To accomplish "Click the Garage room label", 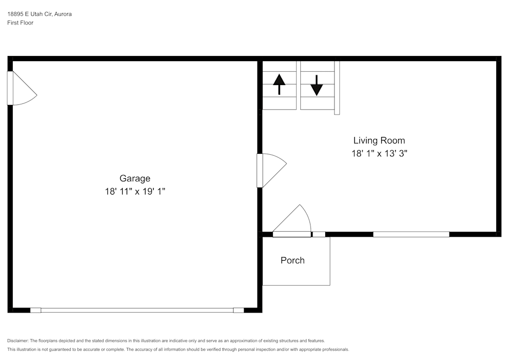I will (x=135, y=178).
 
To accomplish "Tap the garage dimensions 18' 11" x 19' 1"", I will (x=135, y=191).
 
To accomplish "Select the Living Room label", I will (x=379, y=141).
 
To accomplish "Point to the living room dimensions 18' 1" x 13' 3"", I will (x=379, y=153).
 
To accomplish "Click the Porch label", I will (x=293, y=260).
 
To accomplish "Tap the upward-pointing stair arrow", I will (x=279, y=84).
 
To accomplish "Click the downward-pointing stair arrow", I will (x=317, y=85).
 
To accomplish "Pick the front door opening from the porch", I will (x=292, y=234).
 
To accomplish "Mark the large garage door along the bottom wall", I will (x=137, y=310).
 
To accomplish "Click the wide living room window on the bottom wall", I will (x=411, y=234).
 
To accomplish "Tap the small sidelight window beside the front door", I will (x=319, y=234).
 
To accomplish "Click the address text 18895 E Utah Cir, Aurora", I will (x=39, y=14).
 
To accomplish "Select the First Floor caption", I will (x=20, y=23).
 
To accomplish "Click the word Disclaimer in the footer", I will (x=17, y=341).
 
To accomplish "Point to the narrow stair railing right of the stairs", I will (x=337, y=88).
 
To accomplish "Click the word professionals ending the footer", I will (x=335, y=349).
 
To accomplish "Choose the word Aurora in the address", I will (x=63, y=14).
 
